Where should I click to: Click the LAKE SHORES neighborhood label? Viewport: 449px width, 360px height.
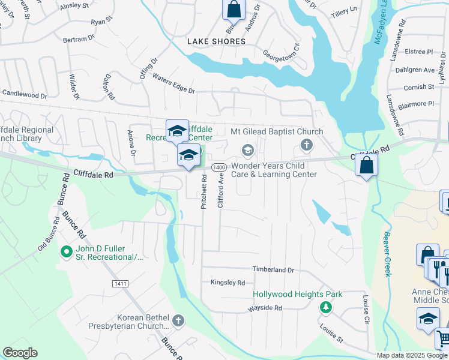216,41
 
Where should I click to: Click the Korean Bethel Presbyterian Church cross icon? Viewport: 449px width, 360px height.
178,321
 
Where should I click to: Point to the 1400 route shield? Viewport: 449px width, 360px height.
218,167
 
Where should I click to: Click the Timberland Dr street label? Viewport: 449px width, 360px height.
273,270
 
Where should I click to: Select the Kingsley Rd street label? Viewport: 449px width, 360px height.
228,283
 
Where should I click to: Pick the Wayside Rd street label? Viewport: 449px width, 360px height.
265,308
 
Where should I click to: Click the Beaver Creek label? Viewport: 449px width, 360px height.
388,254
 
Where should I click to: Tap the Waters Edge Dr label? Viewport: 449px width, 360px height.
173,83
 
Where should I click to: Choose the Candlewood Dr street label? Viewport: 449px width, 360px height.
25,94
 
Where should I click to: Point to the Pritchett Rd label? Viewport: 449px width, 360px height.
203,191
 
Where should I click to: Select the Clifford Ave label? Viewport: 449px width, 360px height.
221,191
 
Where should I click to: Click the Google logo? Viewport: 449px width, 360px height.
20,352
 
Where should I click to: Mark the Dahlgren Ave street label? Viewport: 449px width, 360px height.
414,70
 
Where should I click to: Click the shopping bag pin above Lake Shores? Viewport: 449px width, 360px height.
234,10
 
